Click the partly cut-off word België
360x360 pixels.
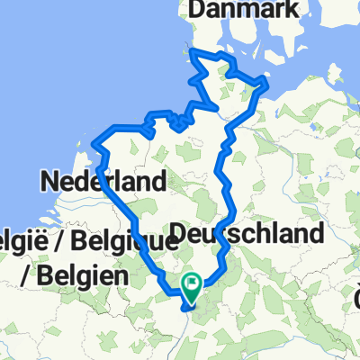coord(19,241)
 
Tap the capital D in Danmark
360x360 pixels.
coord(195,9)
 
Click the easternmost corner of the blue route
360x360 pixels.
coord(268,86)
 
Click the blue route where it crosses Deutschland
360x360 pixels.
coord(227,236)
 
